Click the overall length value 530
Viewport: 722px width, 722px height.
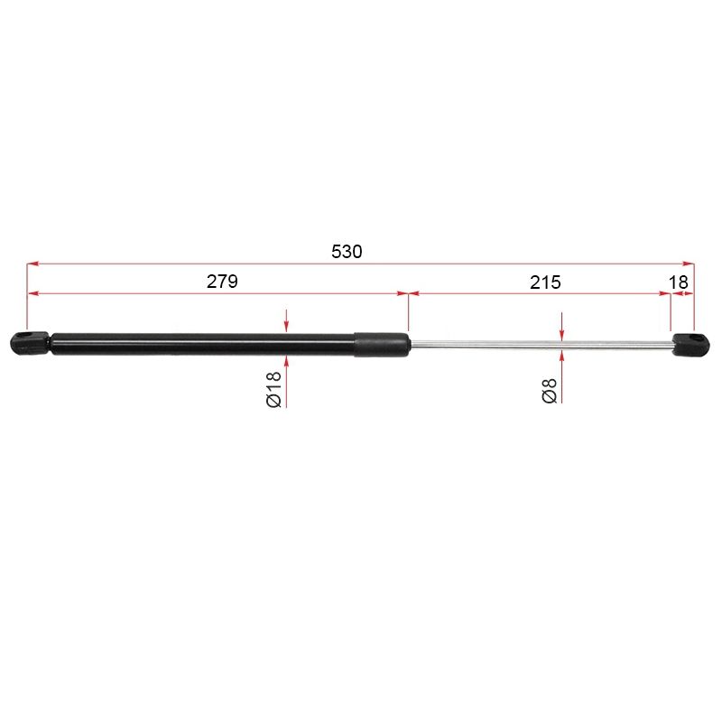(x=347, y=252)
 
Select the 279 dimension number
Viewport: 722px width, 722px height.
(x=222, y=282)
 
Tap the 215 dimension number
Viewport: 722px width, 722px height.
(x=545, y=282)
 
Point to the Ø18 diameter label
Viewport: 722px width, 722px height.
(x=274, y=390)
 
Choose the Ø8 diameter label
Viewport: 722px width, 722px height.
(x=550, y=392)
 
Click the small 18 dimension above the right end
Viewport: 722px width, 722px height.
(x=679, y=282)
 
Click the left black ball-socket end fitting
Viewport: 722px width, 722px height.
(x=29, y=342)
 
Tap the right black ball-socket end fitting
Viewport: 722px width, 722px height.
(x=690, y=345)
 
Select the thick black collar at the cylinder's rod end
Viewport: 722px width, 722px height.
(x=382, y=345)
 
